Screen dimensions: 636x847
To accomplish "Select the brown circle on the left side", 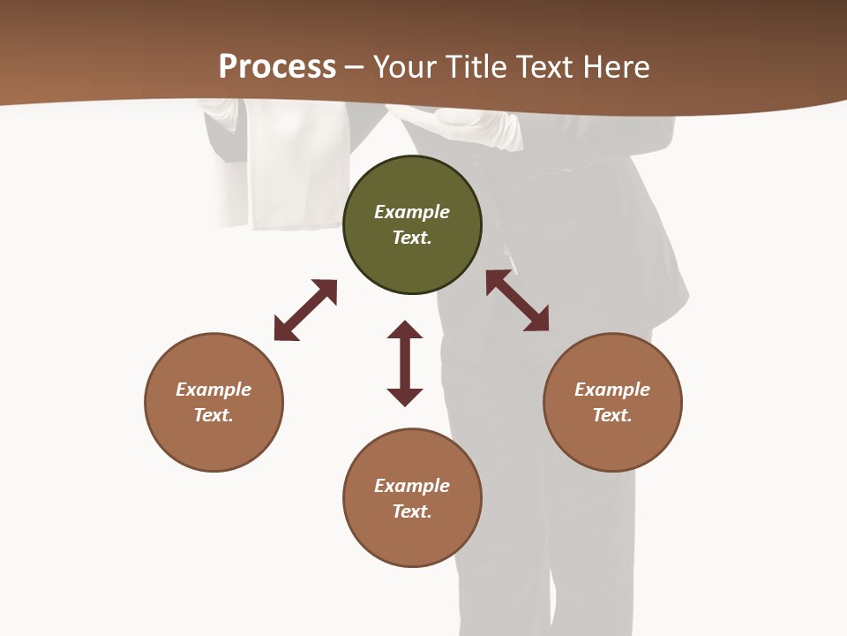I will pyautogui.click(x=214, y=402).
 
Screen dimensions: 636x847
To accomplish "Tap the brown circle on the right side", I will pyautogui.click(x=612, y=402).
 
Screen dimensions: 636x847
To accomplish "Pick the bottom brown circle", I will pyautogui.click(x=412, y=498).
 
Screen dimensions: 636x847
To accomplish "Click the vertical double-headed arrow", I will pyautogui.click(x=405, y=363).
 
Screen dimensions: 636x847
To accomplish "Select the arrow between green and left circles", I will pyautogui.click(x=305, y=310).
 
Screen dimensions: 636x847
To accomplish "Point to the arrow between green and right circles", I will pyautogui.click(x=517, y=300).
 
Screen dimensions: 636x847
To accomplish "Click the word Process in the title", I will pyautogui.click(x=277, y=66).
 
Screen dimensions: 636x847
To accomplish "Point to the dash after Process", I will pyautogui.click(x=354, y=67).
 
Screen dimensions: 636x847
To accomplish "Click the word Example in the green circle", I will pyautogui.click(x=412, y=212).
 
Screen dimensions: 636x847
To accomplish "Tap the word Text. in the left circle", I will pyautogui.click(x=214, y=415).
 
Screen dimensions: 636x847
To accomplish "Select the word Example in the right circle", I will pyautogui.click(x=612, y=390).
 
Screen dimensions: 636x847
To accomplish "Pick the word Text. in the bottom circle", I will pyautogui.click(x=412, y=511).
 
